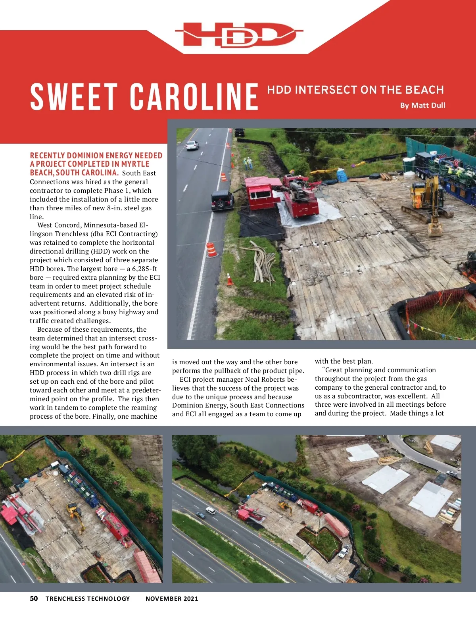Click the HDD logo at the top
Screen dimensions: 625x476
pyautogui.click(x=238, y=35)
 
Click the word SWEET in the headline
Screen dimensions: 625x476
pyautogui.click(x=74, y=96)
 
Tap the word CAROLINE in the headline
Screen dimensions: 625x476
pyautogui.click(x=194, y=96)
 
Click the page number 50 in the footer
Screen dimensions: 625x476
pyautogui.click(x=34, y=598)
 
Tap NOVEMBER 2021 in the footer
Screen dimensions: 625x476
pyautogui.click(x=172, y=599)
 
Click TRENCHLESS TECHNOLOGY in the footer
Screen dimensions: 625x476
pyautogui.click(x=88, y=599)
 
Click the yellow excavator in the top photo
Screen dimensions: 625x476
pyautogui.click(x=426, y=202)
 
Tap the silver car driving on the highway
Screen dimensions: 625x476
pyautogui.click(x=192, y=146)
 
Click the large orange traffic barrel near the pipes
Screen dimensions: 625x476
pyautogui.click(x=211, y=250)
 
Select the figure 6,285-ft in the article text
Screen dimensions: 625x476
pyautogui.click(x=142, y=269)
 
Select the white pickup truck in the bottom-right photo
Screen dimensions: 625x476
pyautogui.click(x=344, y=551)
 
